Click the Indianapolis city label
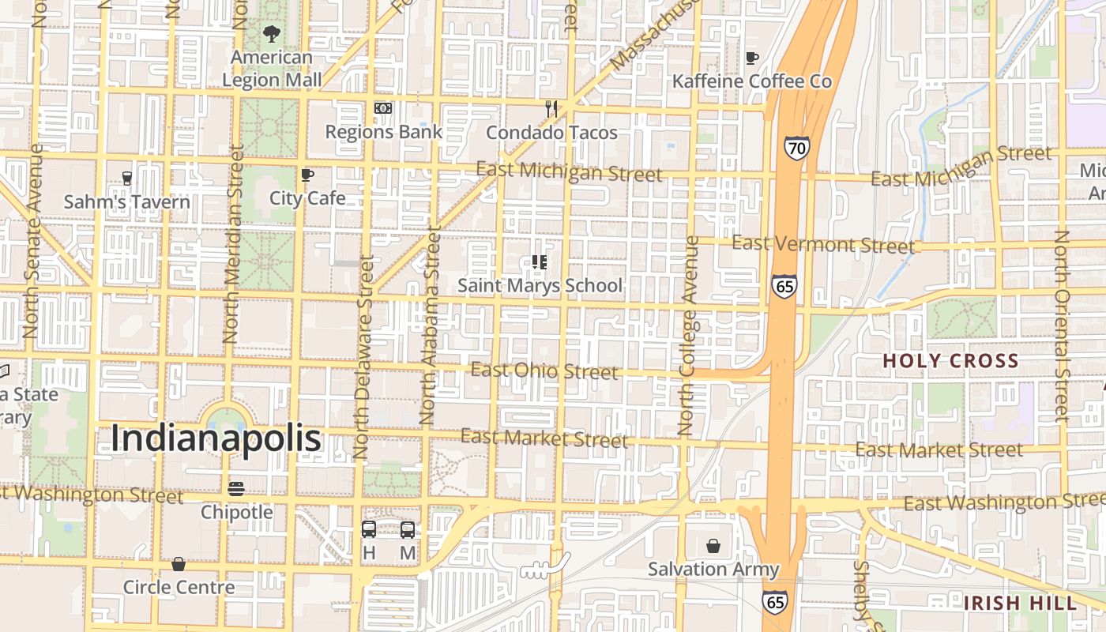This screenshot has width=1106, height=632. (216, 439)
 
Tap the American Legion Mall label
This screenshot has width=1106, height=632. (272, 69)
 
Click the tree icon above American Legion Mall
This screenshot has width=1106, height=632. (272, 34)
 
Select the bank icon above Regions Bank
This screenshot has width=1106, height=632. (383, 108)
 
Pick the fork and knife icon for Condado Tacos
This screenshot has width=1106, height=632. (551, 109)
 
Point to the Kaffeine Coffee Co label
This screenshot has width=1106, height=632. (751, 81)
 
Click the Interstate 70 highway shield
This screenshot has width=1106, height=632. (796, 148)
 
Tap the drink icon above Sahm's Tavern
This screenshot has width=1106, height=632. (126, 179)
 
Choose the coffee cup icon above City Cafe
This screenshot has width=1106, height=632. (307, 175)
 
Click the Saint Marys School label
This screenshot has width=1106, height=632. (540, 285)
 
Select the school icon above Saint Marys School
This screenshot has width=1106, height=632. (540, 262)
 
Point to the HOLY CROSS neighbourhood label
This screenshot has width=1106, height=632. (950, 361)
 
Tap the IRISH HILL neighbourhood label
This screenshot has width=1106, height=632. (1020, 604)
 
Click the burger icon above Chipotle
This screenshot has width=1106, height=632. (236, 489)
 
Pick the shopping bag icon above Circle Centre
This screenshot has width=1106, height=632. (179, 564)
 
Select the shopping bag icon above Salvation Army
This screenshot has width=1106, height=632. (713, 545)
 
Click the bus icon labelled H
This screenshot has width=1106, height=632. (369, 529)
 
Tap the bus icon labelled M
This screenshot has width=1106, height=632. (408, 529)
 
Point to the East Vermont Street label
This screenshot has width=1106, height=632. (823, 244)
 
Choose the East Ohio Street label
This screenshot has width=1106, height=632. (544, 371)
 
